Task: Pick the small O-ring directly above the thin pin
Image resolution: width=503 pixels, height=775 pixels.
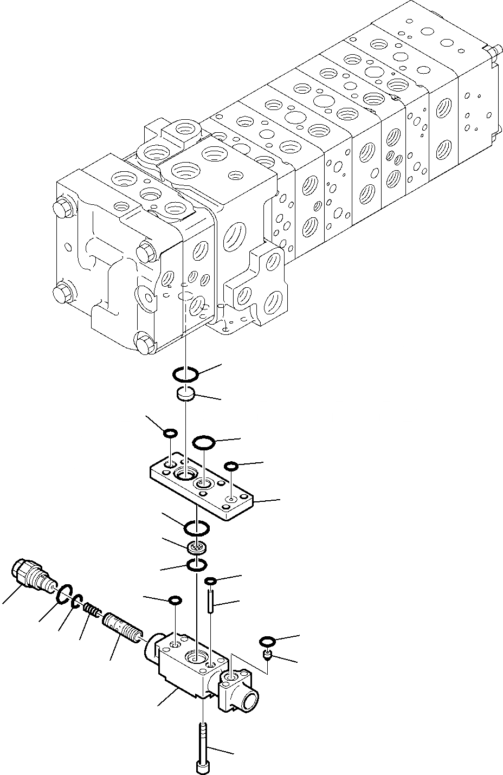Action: coord(210,582)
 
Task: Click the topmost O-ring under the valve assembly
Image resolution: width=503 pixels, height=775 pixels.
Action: coord(185,373)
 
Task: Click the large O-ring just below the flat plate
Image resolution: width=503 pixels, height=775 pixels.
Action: coord(196,527)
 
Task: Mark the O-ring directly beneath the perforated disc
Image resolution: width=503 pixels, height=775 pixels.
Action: coord(196,565)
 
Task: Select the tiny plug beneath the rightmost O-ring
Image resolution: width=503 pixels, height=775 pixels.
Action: coord(267,656)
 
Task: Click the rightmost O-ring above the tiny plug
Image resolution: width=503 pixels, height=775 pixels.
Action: coord(267,641)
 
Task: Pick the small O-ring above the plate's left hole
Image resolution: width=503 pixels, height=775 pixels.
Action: coord(170,433)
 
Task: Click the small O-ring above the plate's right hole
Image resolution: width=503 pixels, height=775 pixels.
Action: coord(231,466)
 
